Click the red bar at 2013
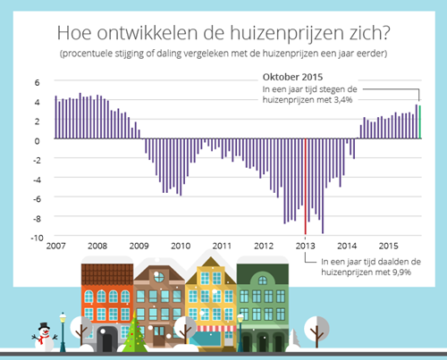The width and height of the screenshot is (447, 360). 305,187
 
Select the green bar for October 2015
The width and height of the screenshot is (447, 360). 420,122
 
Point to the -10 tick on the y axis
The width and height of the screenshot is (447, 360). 38,238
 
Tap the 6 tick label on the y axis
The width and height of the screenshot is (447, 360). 37,82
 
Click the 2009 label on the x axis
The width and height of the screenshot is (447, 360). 139,246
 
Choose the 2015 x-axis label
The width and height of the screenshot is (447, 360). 388,246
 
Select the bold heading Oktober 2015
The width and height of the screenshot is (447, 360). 292,77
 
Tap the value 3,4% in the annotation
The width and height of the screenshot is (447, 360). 343,100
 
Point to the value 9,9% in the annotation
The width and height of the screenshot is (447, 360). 401,272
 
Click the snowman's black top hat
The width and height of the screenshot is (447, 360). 44,326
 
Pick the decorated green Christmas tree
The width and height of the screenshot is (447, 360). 135,331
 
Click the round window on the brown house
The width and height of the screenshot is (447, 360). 159,277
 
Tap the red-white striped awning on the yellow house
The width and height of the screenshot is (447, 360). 211,329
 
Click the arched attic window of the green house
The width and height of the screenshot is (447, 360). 263,280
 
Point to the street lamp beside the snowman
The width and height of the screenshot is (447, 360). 63,331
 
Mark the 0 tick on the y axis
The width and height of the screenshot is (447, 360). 37,141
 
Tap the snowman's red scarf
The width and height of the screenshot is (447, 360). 43,338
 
